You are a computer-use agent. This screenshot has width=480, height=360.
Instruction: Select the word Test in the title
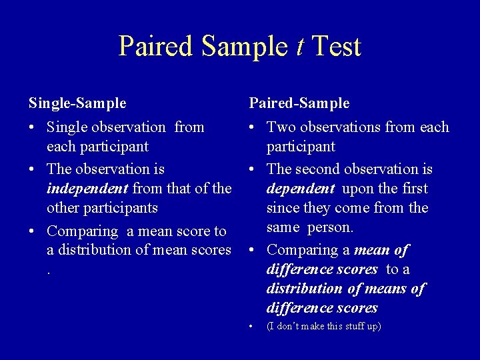(x=336, y=47)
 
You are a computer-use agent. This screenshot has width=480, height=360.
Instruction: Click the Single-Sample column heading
(x=77, y=103)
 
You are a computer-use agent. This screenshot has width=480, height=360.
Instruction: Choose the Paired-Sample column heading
(x=299, y=103)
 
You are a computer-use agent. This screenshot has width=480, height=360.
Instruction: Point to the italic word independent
(x=87, y=189)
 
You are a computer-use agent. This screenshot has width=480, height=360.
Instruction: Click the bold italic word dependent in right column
(x=300, y=189)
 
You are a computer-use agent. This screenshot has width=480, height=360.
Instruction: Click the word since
(x=283, y=208)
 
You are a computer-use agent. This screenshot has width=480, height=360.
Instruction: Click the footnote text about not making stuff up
(x=323, y=326)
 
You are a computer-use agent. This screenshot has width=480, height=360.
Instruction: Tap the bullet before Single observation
(x=33, y=127)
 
